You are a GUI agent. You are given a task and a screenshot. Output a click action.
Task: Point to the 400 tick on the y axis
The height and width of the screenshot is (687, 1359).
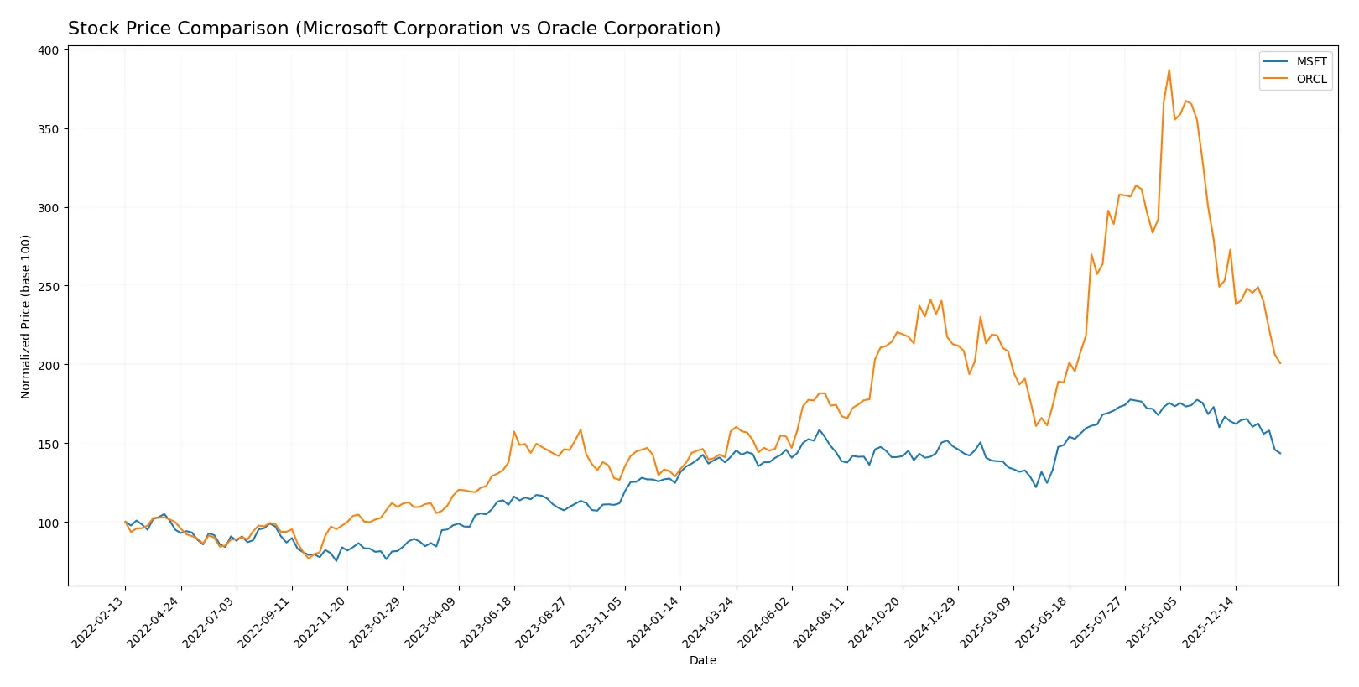49,50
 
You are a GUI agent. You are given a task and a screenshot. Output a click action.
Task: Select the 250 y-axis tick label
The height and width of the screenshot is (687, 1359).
49,287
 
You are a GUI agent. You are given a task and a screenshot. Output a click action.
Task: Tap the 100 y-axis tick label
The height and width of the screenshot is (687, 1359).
49,523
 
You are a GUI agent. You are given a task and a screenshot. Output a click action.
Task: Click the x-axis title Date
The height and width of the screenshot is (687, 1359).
702,661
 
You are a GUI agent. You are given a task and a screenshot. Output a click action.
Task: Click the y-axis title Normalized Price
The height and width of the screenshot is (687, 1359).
26,316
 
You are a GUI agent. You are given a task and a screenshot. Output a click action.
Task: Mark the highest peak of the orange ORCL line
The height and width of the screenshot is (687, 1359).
1169,70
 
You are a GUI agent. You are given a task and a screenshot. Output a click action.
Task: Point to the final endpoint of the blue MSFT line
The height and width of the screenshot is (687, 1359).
1280,454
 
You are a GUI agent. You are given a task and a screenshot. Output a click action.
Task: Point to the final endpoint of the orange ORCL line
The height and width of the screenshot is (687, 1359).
1280,363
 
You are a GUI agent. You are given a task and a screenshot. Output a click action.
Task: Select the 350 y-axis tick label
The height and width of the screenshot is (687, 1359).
49,129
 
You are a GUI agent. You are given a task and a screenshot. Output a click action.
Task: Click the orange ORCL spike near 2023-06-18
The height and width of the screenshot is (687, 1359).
514,432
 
